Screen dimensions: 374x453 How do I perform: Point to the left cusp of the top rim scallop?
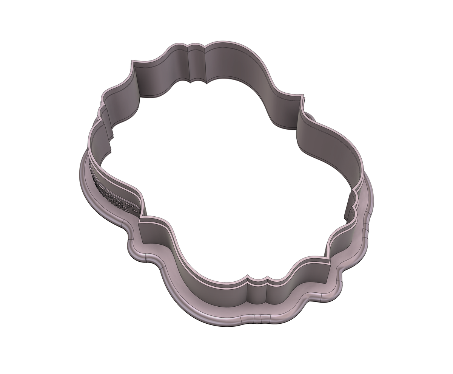(187, 47)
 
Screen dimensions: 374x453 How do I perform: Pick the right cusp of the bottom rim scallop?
(267, 281)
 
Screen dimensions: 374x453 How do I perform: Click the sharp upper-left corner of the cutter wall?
(132, 61)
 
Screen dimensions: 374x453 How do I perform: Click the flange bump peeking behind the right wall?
(309, 115)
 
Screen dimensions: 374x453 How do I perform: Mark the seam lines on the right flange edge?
(365, 227)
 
